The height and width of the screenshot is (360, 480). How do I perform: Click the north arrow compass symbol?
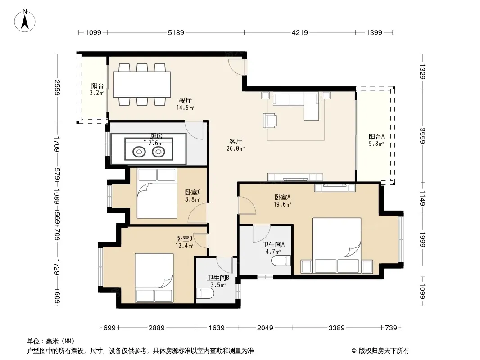click(x=25, y=21)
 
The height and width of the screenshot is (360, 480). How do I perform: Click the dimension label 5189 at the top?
click(x=176, y=32)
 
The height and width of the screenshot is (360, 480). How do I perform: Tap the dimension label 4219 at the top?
click(x=300, y=32)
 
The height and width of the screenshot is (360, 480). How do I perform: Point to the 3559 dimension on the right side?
click(x=422, y=135)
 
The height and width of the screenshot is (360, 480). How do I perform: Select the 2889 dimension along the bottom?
click(x=156, y=328)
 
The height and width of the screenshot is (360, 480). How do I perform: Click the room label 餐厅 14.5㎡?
click(x=185, y=103)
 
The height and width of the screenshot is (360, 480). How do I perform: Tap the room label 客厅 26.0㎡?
click(x=235, y=145)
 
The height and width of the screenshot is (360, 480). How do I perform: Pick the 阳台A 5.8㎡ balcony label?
click(x=376, y=140)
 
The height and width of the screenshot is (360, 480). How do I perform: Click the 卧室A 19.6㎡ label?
click(x=282, y=201)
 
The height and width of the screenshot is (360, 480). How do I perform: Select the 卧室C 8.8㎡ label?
click(x=193, y=196)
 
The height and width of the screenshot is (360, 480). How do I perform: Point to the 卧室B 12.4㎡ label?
click(x=184, y=242)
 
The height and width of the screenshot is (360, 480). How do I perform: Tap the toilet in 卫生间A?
click(x=281, y=261)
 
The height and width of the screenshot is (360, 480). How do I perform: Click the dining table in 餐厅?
click(x=142, y=85)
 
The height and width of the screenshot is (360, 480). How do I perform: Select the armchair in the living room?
click(x=270, y=120)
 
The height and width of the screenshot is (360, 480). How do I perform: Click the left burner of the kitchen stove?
click(x=139, y=151)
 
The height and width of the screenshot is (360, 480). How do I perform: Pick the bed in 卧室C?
click(x=157, y=193)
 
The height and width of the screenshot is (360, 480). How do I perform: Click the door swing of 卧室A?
click(x=247, y=205)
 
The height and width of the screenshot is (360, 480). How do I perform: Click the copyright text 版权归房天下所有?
click(x=384, y=351)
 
